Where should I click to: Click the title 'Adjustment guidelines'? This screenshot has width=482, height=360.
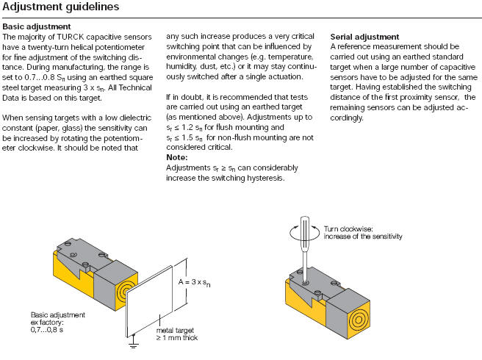tap(60, 7)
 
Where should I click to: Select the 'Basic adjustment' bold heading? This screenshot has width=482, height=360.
tap(37, 26)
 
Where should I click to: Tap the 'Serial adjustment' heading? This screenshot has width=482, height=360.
tap(364, 37)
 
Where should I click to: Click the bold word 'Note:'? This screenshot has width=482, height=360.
tap(177, 157)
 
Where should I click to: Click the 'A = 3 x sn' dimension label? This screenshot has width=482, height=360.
tap(194, 282)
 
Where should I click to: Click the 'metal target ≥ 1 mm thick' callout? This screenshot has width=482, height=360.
tap(177, 334)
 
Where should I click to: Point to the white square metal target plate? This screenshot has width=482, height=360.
tap(150, 301)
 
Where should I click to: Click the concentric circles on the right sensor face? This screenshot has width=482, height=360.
tap(358, 320)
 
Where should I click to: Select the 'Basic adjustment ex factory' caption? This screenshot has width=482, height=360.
tap(58, 323)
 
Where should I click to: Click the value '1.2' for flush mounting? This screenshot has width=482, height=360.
tap(187, 127)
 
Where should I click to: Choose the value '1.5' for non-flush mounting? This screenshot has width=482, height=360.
tap(187, 137)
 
